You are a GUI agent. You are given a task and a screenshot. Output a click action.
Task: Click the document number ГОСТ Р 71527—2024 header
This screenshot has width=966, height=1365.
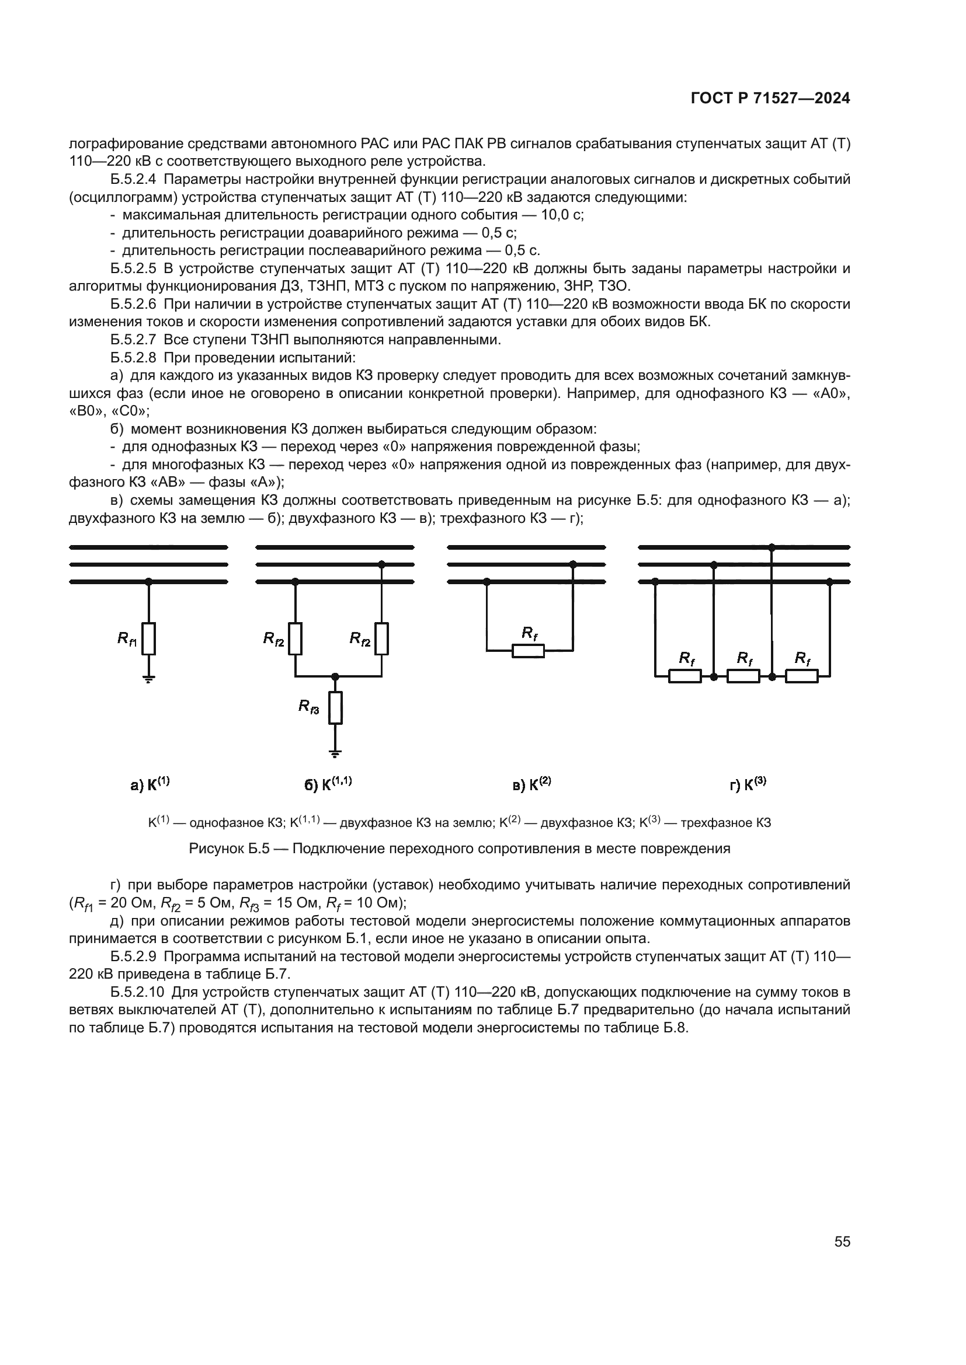coord(770,99)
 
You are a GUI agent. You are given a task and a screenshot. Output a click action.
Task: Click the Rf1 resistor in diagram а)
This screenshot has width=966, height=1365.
coord(149,638)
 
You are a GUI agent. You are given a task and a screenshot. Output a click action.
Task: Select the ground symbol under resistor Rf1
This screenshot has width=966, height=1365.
coord(149,679)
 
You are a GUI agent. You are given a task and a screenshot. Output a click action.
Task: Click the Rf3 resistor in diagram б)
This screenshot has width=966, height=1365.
coord(335,707)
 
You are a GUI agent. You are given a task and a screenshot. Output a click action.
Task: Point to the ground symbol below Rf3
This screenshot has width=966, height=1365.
coord(335,755)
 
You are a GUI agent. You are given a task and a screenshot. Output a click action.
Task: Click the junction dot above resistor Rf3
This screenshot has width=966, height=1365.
coord(335,676)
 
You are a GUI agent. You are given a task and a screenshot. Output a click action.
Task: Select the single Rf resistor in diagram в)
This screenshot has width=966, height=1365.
coord(528,651)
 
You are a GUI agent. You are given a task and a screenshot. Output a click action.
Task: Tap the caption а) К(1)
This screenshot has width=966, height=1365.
coord(150,784)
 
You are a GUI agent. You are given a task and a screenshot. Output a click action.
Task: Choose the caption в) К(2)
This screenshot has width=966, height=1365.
coord(532,784)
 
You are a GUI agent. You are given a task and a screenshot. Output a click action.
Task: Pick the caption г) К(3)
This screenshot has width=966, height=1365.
coord(748,784)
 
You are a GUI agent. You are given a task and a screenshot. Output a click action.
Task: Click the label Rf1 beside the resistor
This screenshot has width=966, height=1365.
coord(127,639)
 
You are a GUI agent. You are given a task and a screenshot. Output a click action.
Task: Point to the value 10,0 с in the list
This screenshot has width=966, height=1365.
coord(561,215)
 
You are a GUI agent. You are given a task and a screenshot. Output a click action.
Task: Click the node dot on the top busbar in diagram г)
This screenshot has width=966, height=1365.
coord(772,547)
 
